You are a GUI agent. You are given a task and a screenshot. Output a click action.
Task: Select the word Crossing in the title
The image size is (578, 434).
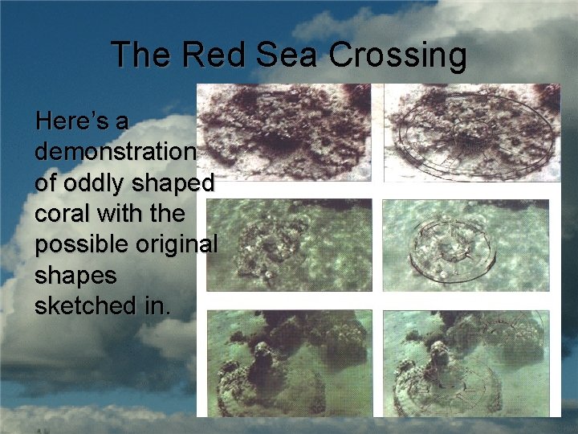(398, 55)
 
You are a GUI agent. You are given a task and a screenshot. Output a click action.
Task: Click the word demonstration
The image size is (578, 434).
(115, 152)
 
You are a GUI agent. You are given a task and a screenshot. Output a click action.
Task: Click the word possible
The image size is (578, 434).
(86, 244)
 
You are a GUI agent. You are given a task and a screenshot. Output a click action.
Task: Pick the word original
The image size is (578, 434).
(181, 244)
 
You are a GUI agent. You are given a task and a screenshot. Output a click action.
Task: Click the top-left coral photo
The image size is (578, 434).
(285, 133)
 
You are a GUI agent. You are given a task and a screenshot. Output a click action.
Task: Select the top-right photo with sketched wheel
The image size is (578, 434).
(471, 133)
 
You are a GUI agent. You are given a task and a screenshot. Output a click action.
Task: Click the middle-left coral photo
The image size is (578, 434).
(289, 244)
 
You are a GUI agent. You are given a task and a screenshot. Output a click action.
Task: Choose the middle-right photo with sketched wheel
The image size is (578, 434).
(466, 244)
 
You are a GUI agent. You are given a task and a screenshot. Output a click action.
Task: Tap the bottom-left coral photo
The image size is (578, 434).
(289, 362)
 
